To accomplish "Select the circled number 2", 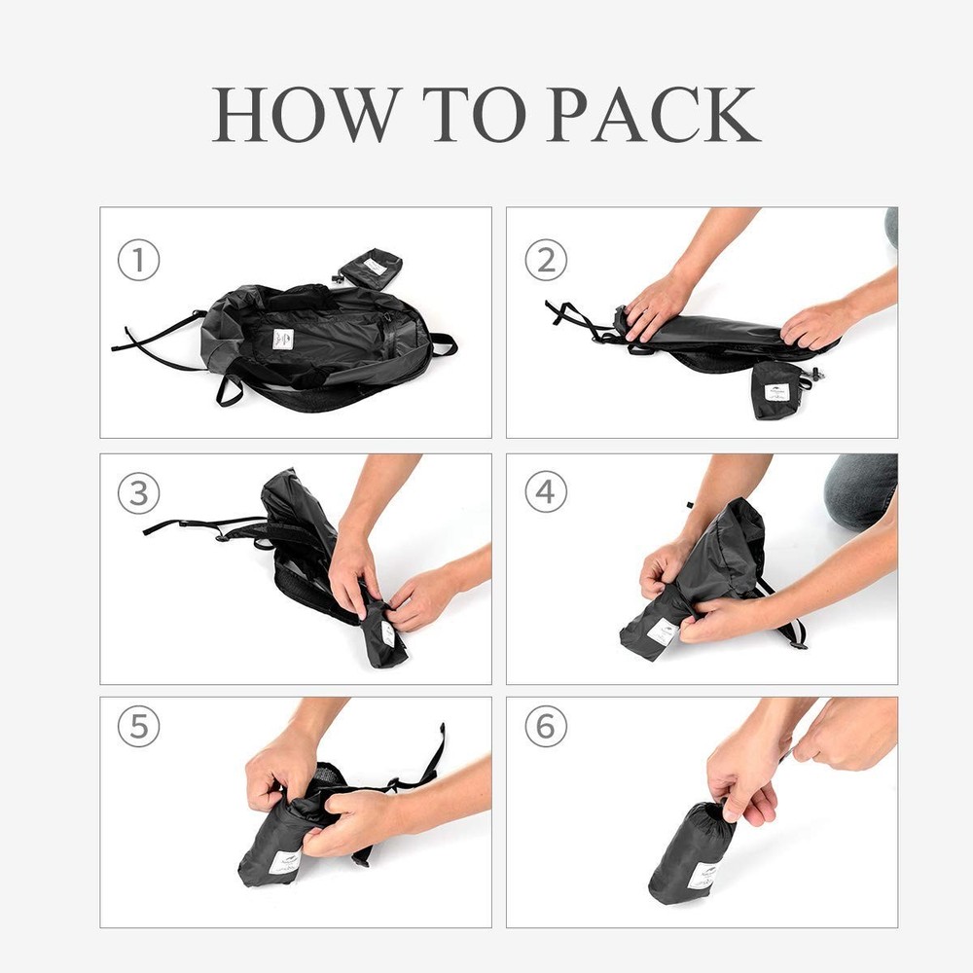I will tap(546, 262).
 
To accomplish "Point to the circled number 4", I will tap(546, 493).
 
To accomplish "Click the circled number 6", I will tap(546, 727).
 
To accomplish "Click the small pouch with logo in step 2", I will tap(781, 389).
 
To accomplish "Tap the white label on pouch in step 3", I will tap(388, 633).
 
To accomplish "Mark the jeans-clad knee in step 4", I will tap(860, 491).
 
